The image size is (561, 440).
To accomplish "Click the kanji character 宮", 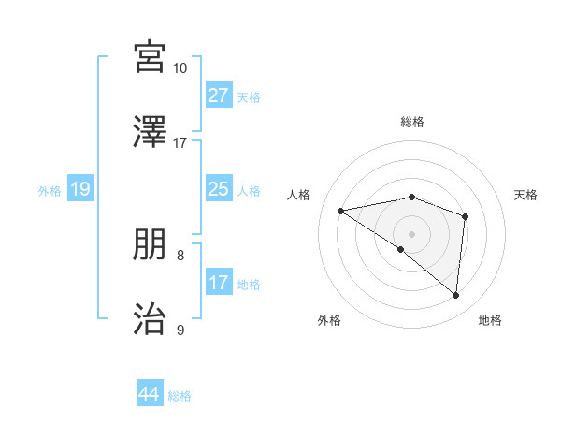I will [x=151, y=57].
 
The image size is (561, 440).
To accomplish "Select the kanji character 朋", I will [x=151, y=246].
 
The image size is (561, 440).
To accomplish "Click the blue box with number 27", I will [x=219, y=95].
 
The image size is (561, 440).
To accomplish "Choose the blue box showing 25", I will [x=219, y=190].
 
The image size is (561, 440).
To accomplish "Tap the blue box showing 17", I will [x=219, y=283].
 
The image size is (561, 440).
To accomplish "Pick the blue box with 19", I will [x=80, y=190].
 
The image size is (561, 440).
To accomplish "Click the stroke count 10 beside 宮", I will [x=180, y=68].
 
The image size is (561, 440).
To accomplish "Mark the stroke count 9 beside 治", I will [x=180, y=330].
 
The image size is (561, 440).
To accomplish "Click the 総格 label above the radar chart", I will [x=412, y=122].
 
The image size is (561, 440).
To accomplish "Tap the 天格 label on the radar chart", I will [x=526, y=195].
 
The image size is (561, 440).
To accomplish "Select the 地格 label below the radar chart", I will [x=490, y=320].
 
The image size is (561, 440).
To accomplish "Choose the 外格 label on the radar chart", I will [x=329, y=320].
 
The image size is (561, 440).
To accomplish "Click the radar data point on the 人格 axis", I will [x=341, y=211].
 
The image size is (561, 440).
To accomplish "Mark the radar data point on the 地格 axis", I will [x=455, y=296].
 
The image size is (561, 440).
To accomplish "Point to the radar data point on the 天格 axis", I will [x=465, y=216].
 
